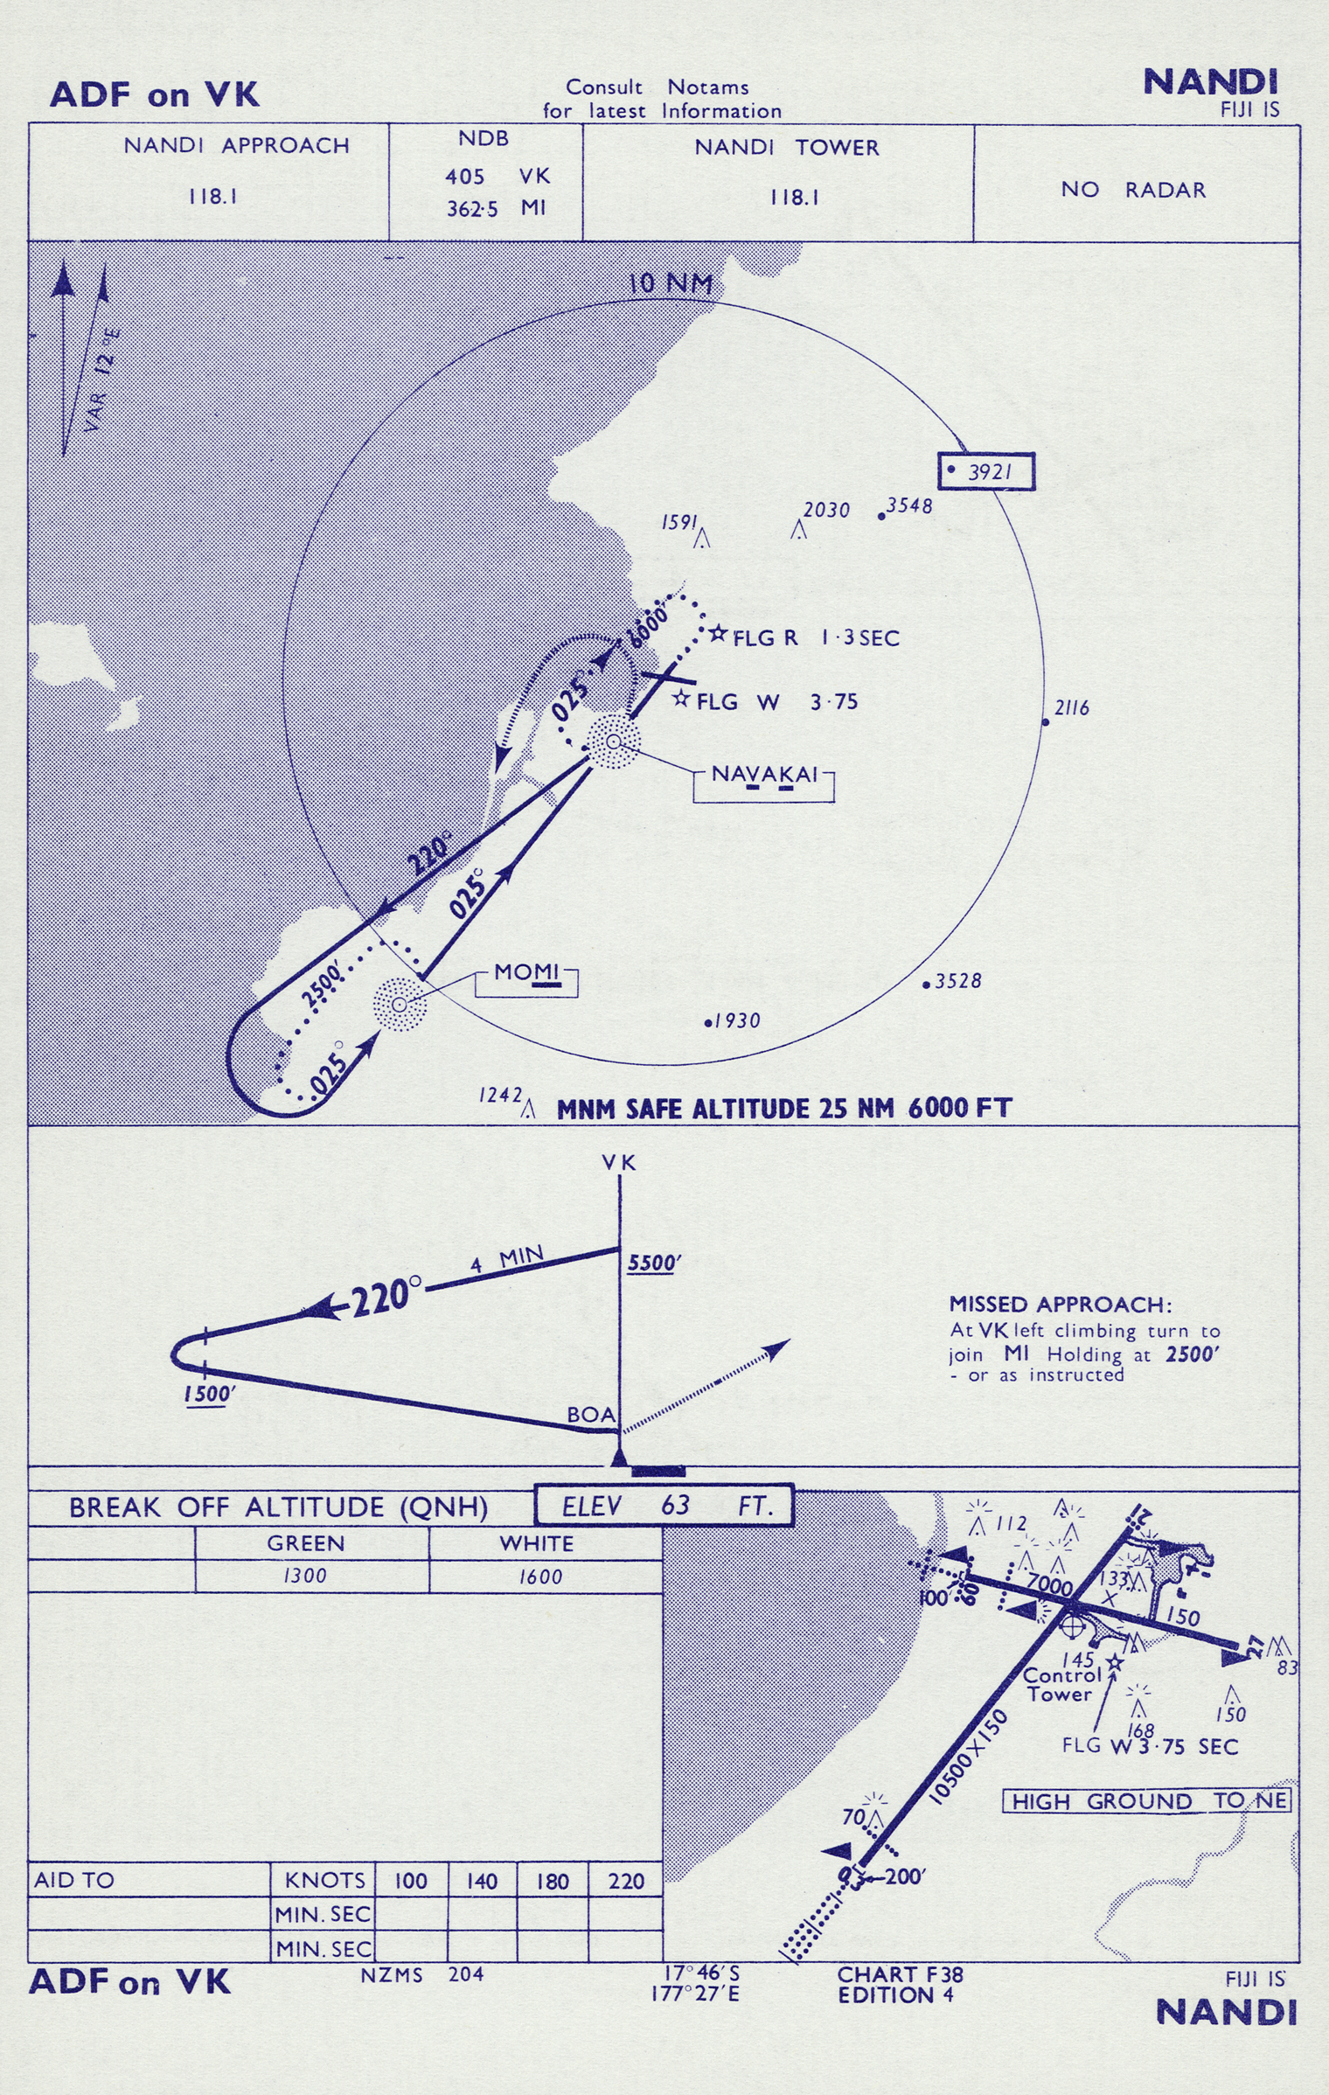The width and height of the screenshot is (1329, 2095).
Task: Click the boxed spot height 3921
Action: tap(987, 471)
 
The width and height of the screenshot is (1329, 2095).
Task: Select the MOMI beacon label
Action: tap(526, 972)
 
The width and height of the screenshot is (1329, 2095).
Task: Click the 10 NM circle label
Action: tap(671, 283)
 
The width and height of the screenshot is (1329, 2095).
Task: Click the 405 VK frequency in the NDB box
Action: tap(497, 176)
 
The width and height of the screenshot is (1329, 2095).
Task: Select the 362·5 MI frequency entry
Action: tap(496, 209)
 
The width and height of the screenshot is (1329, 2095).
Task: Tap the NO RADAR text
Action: tap(1133, 190)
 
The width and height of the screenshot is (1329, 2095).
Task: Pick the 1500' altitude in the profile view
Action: tap(206, 1394)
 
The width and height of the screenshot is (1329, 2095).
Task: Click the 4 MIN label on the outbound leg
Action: tap(506, 1259)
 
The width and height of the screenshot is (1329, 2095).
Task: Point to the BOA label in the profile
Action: tap(591, 1415)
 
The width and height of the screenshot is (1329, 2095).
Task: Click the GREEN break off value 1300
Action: tap(304, 1576)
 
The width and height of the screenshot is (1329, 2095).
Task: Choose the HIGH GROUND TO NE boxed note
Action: tap(1145, 1801)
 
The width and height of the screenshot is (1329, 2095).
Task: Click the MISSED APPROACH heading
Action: tap(1060, 1305)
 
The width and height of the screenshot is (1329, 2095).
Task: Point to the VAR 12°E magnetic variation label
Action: tap(103, 380)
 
